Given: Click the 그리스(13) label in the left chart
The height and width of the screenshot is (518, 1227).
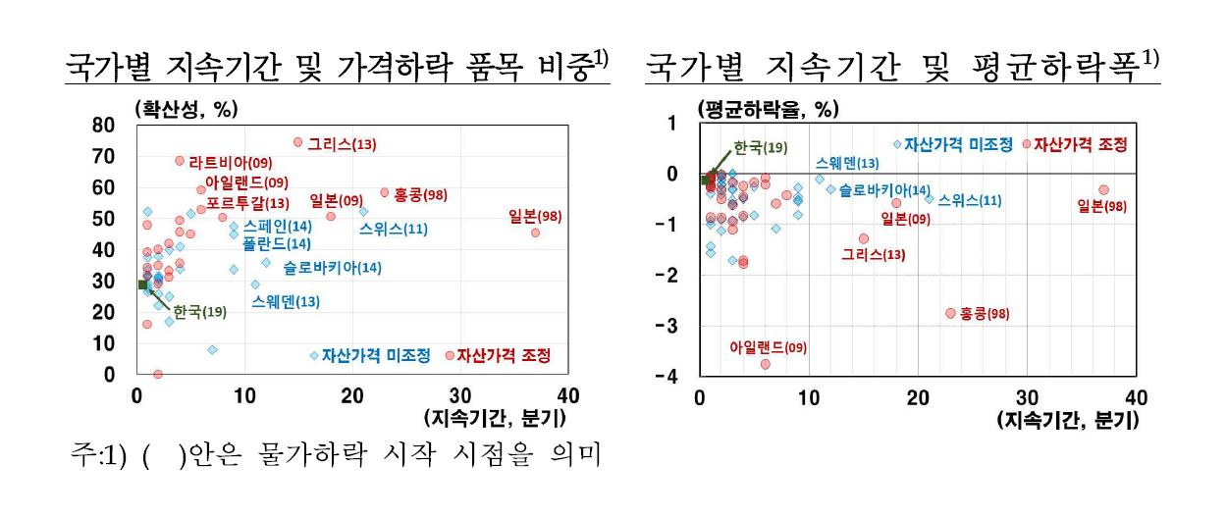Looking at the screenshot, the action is (x=342, y=144).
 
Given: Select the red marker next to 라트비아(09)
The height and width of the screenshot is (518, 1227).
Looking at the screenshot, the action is (x=180, y=161).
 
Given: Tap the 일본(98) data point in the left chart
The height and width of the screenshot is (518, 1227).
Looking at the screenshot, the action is (x=535, y=233).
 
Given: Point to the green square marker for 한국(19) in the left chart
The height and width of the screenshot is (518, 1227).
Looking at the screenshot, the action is (x=143, y=285).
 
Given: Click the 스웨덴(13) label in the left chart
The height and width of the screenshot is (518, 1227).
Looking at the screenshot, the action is (x=286, y=302).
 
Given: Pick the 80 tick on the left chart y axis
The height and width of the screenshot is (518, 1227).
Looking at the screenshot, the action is (x=103, y=126).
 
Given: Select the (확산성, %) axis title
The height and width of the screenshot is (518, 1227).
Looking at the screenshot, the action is (x=187, y=110).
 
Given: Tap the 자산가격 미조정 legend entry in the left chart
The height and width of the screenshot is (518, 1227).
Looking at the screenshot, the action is (x=370, y=356).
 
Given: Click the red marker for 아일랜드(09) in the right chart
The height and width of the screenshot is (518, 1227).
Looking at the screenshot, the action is (x=766, y=364).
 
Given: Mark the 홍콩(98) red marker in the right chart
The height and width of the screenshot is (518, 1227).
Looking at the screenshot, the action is (x=950, y=313).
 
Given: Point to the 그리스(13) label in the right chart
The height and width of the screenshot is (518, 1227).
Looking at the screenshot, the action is (x=874, y=255).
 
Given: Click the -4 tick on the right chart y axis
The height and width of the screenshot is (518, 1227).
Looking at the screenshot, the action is (x=667, y=377).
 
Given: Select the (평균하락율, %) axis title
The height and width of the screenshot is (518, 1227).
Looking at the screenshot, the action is (x=768, y=110).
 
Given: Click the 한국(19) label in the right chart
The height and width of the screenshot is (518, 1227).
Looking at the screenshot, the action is (x=761, y=147).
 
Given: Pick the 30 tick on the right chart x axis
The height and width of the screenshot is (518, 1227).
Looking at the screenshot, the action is (x=1027, y=397).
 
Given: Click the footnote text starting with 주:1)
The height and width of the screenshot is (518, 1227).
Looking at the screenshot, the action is (x=336, y=454).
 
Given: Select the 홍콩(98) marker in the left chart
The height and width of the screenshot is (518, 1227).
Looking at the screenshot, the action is (x=385, y=192).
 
